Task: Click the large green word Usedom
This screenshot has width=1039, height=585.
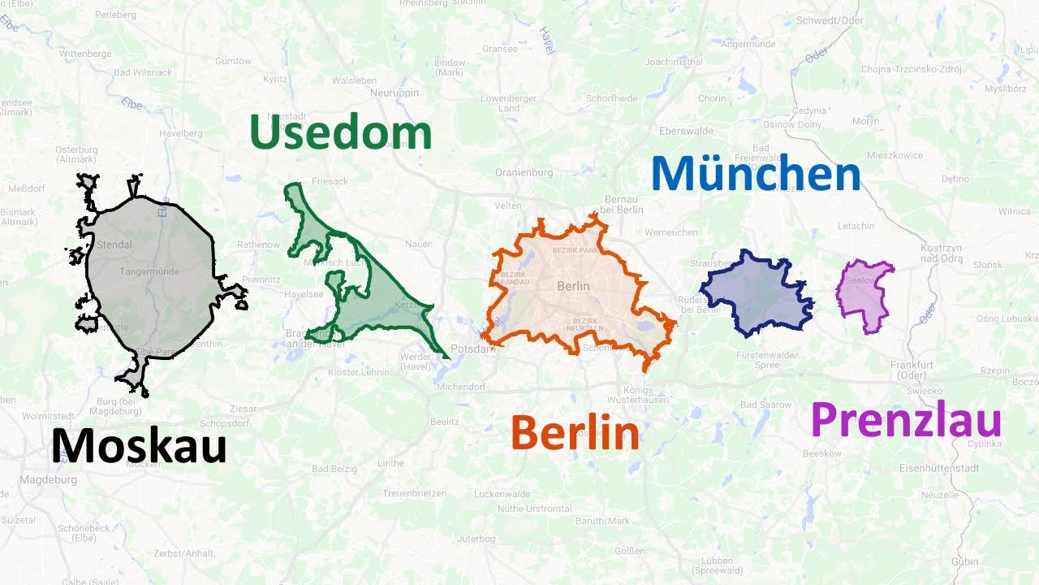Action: point(340,132)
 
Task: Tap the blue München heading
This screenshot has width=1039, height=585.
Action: point(755,174)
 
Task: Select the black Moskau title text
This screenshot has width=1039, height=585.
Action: point(139,447)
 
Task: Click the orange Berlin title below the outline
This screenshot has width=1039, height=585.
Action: point(575,434)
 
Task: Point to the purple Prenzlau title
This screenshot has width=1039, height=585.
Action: point(906,421)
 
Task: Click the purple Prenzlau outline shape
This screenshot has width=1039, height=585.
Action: point(865,295)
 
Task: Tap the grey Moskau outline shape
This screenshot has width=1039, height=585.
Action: point(150,276)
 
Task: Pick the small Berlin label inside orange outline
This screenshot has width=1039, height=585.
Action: point(573,286)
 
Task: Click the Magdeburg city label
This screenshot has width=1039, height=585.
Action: point(50,480)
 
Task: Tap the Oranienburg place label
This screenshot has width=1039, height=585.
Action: point(524,172)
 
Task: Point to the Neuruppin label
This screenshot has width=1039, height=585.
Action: point(394,93)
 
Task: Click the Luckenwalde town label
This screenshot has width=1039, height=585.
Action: point(502,494)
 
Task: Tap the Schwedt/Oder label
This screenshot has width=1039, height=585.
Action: point(830,20)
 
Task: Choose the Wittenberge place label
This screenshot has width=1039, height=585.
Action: point(84,54)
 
